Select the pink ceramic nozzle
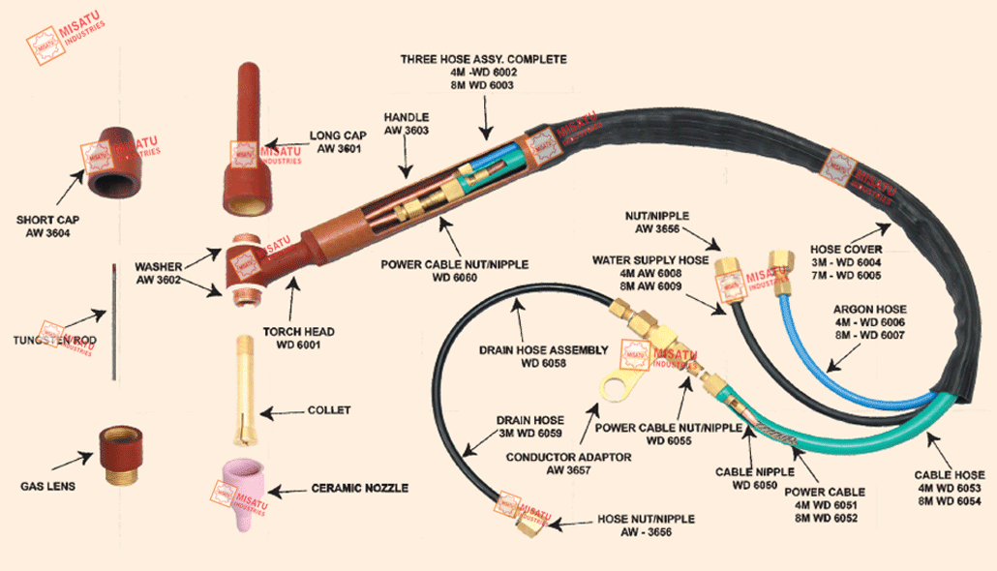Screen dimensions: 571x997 249,491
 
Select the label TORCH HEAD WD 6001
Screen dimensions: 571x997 305,338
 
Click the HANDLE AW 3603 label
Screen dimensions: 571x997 406,122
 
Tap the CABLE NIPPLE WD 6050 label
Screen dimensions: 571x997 755,478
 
